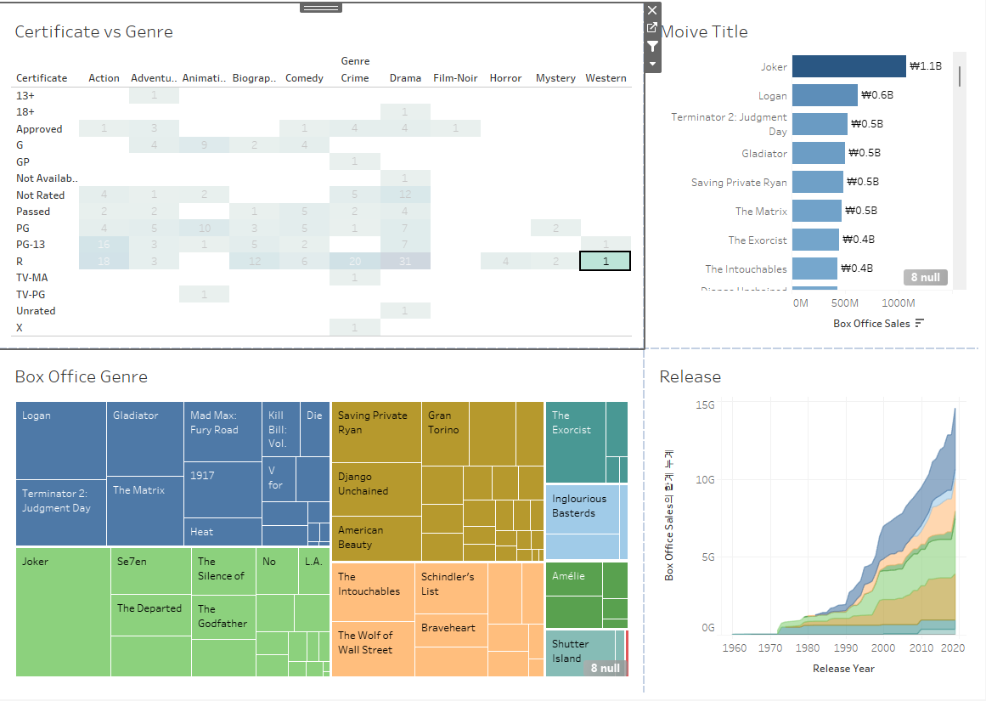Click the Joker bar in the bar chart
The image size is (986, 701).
coord(848,66)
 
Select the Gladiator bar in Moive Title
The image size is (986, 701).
coord(819,153)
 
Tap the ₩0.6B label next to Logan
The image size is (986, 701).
coord(876,95)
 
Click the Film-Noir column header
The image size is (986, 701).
coord(455,78)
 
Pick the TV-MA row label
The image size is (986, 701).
coord(32,277)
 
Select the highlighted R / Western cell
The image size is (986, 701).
coord(606,262)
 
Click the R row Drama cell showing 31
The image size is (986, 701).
coord(405,262)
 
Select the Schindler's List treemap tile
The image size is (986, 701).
coord(451,587)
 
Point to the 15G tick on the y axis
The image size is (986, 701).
coord(705,405)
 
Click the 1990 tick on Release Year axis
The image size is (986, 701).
coord(846,648)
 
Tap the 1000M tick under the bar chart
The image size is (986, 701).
coord(899,303)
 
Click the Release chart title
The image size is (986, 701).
coord(690,376)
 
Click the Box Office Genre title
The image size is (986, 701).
coord(82,376)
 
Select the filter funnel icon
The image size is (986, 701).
coord(652,46)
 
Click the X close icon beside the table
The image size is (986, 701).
coord(652,10)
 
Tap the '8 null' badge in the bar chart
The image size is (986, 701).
coord(925,277)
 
